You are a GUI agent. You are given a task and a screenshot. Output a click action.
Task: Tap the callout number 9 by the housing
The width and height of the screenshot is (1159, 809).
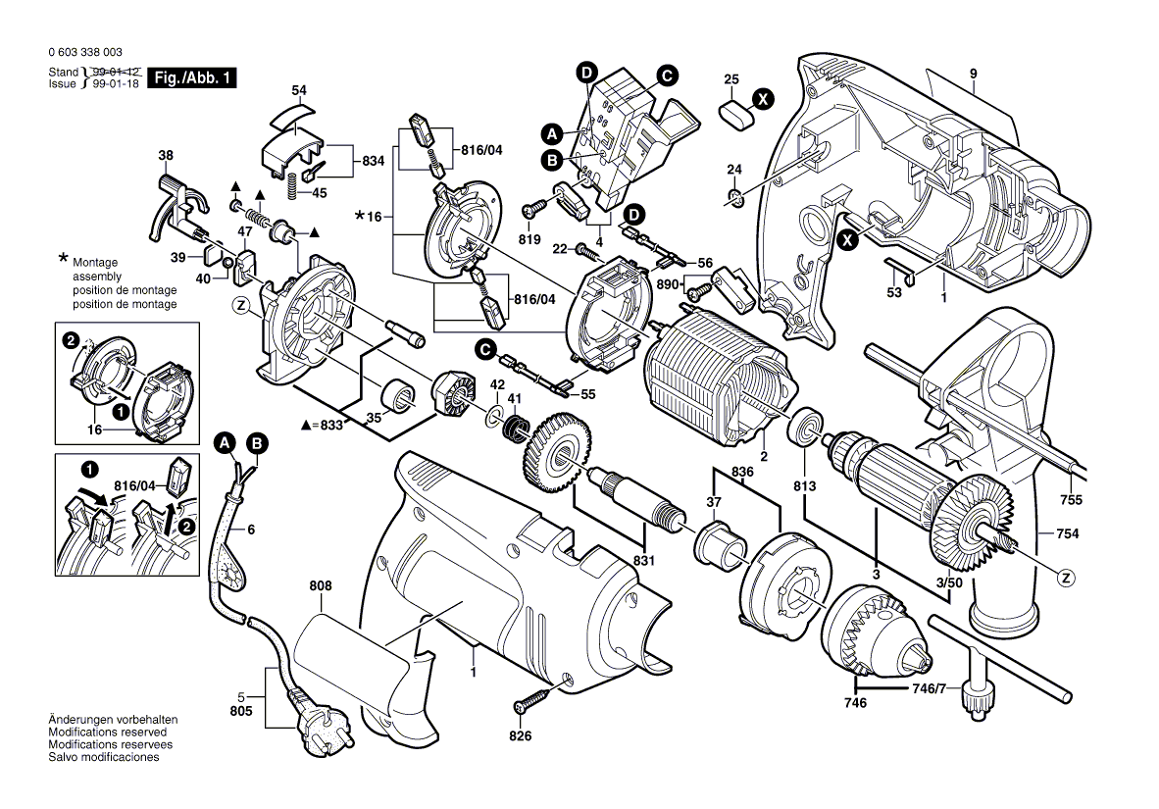pyautogui.click(x=973, y=75)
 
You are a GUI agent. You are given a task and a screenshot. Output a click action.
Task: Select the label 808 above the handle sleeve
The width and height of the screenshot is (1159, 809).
pyautogui.click(x=320, y=586)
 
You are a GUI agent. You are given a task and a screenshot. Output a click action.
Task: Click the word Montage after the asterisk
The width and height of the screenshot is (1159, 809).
pyautogui.click(x=94, y=263)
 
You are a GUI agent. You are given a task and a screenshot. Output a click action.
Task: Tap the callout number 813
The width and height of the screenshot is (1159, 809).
pyautogui.click(x=804, y=485)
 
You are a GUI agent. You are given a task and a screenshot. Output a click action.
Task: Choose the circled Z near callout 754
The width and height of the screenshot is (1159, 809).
pyautogui.click(x=1066, y=578)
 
